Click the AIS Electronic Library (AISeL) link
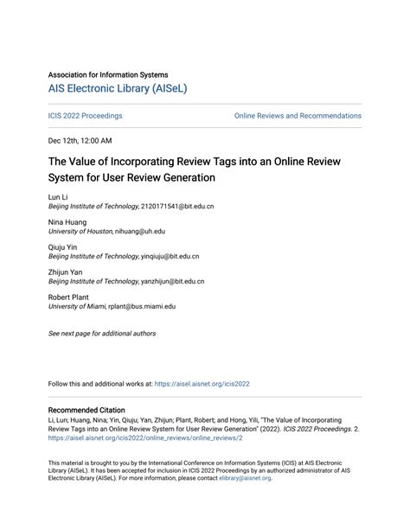118,88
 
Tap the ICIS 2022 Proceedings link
85,116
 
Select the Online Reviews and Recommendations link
298,116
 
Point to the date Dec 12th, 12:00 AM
80,140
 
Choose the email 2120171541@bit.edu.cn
177,207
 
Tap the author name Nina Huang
67,222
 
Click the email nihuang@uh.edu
141,232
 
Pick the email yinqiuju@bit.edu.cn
170,257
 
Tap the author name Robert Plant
70,297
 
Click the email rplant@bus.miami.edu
142,306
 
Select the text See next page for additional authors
102,333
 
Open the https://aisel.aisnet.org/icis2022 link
202,384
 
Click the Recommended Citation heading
86,410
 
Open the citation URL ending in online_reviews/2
145,438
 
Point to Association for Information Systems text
108,74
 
